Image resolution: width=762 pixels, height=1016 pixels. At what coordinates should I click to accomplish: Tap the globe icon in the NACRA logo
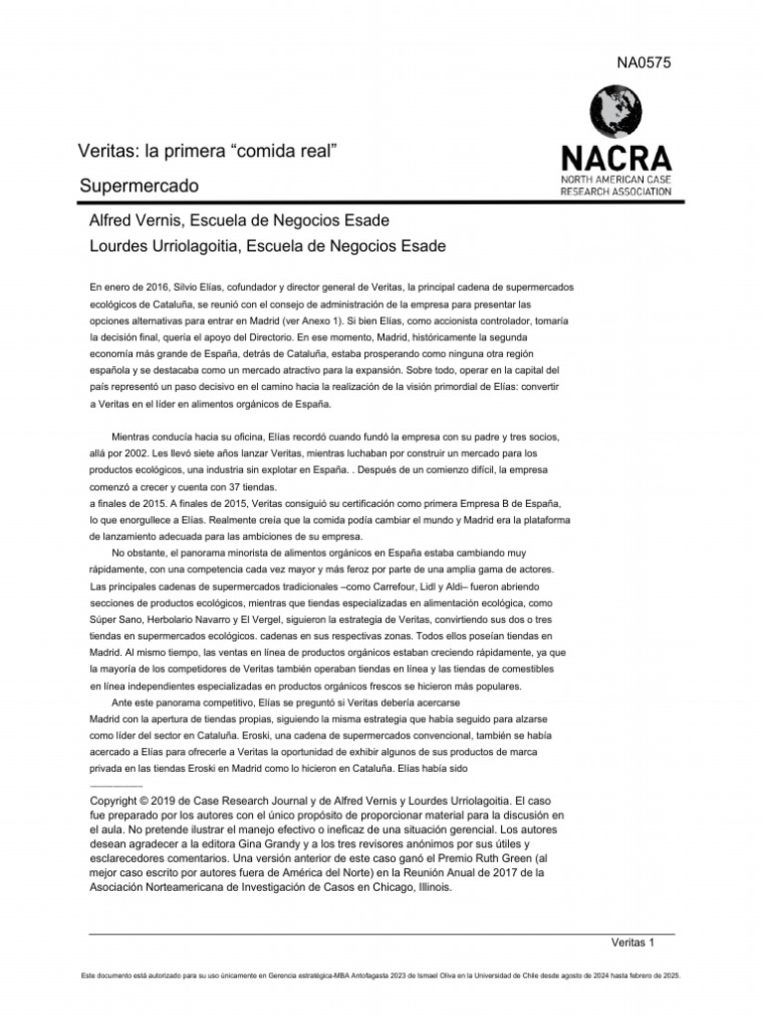615,111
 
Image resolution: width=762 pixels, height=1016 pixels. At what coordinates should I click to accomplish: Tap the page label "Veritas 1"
633,942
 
